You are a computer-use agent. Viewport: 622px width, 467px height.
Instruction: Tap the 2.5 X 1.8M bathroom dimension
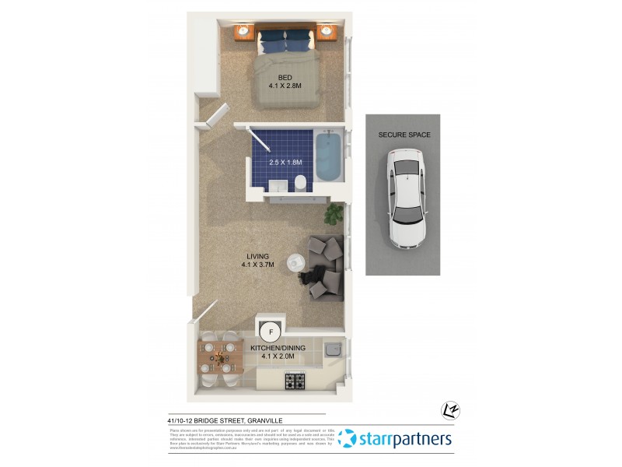(x=285, y=163)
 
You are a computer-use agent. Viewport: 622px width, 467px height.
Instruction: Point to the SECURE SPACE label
(x=404, y=135)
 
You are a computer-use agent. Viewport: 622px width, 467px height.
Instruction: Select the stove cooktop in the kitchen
(x=295, y=381)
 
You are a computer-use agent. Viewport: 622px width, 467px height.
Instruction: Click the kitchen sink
(x=333, y=349)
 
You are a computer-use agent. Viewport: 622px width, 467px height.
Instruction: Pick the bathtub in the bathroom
(x=327, y=158)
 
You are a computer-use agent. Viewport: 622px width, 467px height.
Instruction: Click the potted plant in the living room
(x=334, y=213)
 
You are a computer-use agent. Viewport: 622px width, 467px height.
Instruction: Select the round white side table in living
(x=297, y=263)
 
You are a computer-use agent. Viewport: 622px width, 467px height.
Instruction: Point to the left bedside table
(x=243, y=31)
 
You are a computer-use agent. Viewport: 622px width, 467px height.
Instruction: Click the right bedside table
(x=327, y=32)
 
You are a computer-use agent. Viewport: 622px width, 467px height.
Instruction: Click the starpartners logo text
(x=404, y=439)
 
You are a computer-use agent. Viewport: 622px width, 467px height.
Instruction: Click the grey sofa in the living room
(x=325, y=267)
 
